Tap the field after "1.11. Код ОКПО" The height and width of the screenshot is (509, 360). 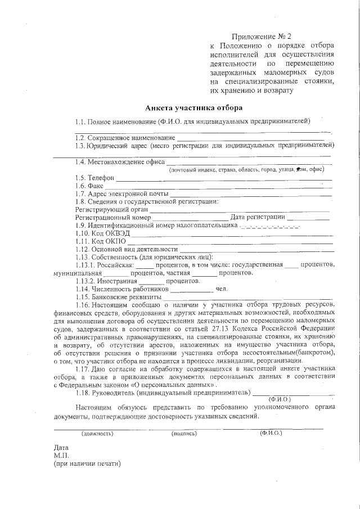click(231, 242)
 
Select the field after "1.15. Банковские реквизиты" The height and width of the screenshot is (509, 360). click(247, 298)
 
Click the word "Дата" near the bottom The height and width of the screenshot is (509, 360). click(61, 448)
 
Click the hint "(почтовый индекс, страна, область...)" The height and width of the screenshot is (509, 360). click(247, 170)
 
